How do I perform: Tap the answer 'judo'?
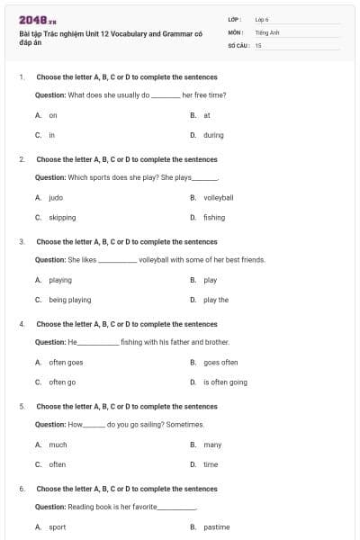coord(56,197)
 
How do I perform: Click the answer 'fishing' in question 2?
coord(214,217)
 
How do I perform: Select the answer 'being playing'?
coord(69,300)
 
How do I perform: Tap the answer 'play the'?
coord(216,300)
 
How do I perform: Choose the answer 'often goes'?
coord(66,362)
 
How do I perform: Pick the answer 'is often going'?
coord(225,382)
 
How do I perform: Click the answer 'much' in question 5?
coord(58,445)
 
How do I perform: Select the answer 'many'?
coord(212,445)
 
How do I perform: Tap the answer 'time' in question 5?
coord(211,464)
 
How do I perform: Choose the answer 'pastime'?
coord(216,526)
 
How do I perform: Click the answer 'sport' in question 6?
coord(57,526)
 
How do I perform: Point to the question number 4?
coord(21,324)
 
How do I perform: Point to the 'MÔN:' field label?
coord(235,31)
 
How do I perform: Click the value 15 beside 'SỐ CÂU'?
coord(258,44)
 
